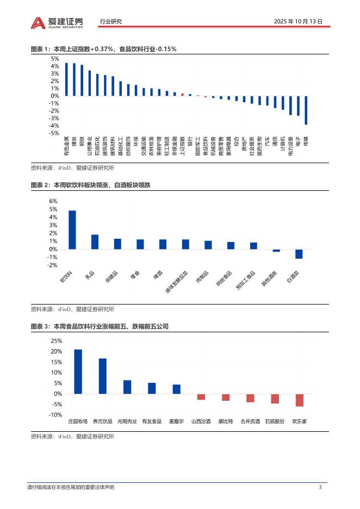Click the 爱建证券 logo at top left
(57, 22)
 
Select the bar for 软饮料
(72, 229)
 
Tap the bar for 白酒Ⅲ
(299, 254)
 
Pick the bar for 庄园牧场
(78, 371)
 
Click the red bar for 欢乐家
(299, 400)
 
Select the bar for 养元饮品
(102, 376)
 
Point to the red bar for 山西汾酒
(201, 396)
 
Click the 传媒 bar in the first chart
(306, 110)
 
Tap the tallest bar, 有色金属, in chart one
(66, 79)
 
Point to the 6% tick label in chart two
(53, 201)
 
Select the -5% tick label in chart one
(54, 133)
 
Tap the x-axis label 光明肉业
(127, 421)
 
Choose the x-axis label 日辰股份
(275, 421)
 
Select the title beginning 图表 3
(100, 327)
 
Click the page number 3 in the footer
(320, 487)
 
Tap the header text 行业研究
(111, 22)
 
